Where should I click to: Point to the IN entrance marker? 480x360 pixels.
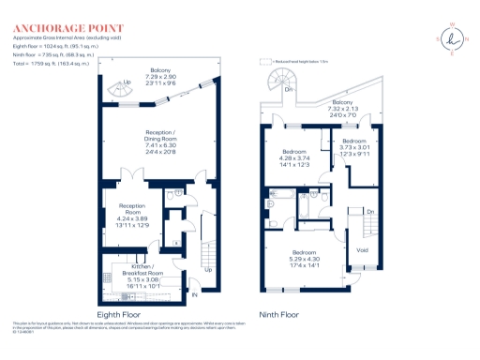coord(196,295)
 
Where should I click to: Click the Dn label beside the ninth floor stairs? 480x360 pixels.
coord(370,212)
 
